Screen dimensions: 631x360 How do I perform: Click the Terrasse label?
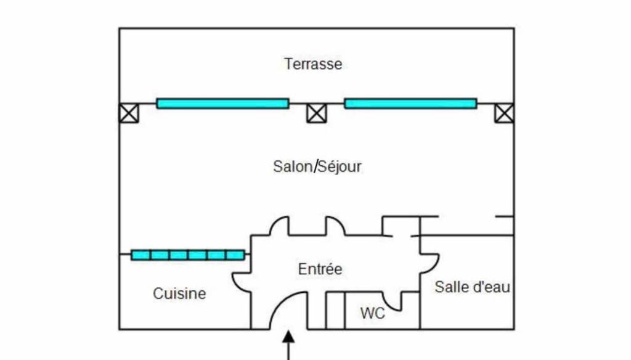click(x=313, y=64)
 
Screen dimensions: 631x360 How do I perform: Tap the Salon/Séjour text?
click(x=317, y=166)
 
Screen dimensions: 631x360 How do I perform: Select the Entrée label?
click(x=320, y=269)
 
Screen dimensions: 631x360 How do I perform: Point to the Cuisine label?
click(x=179, y=293)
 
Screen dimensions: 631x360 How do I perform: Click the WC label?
click(x=373, y=313)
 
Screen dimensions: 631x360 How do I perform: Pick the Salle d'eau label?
click(x=473, y=287)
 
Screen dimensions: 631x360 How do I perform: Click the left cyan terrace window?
click(x=222, y=104)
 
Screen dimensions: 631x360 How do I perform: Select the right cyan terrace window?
click(x=410, y=104)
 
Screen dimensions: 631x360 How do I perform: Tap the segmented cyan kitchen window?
click(x=188, y=255)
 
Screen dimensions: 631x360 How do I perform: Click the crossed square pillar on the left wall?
click(x=129, y=113)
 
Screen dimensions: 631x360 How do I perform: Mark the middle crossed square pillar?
click(x=317, y=113)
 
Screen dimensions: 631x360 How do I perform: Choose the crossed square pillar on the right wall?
click(x=504, y=113)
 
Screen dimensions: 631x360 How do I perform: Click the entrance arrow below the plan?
click(x=288, y=345)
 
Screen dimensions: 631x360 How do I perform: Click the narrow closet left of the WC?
click(x=335, y=311)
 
